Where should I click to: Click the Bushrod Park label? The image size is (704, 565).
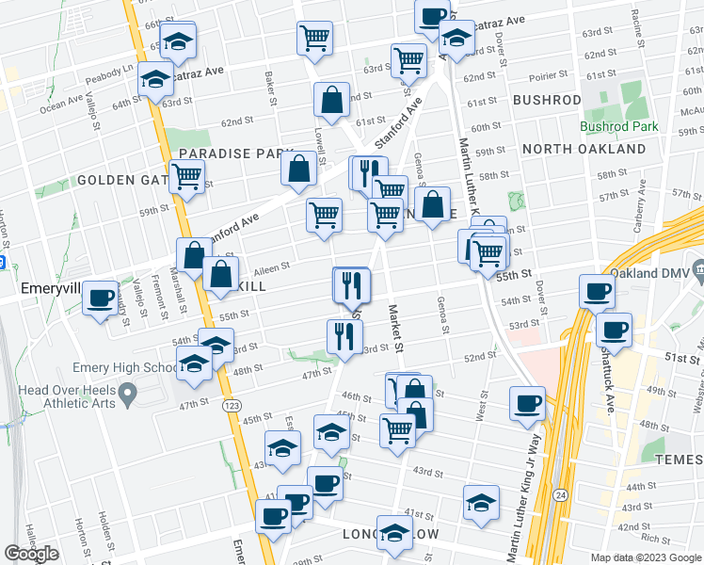[618, 125]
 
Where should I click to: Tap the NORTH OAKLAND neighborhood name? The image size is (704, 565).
[584, 149]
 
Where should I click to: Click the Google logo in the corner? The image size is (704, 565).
[31, 553]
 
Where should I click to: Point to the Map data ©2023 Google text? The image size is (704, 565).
[645, 557]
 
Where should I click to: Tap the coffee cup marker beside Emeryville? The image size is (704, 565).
[100, 299]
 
